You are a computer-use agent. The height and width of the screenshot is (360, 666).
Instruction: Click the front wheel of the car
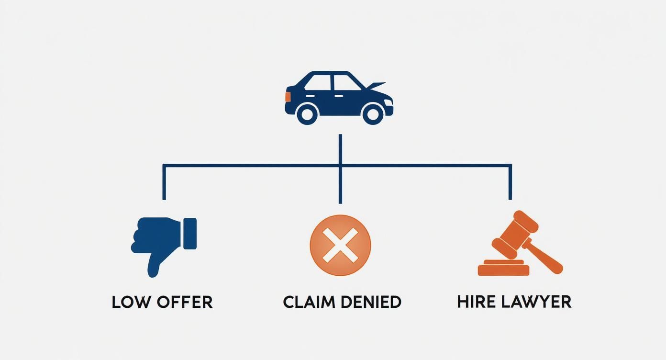click(373, 113)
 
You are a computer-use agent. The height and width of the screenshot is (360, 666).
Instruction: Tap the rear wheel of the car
click(307, 113)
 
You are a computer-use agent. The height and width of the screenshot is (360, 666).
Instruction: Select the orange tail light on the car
click(288, 96)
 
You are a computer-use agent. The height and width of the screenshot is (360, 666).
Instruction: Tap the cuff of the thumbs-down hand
click(190, 233)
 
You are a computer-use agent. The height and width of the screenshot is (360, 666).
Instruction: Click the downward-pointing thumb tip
click(153, 271)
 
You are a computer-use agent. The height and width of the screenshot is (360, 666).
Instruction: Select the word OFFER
click(184, 302)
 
